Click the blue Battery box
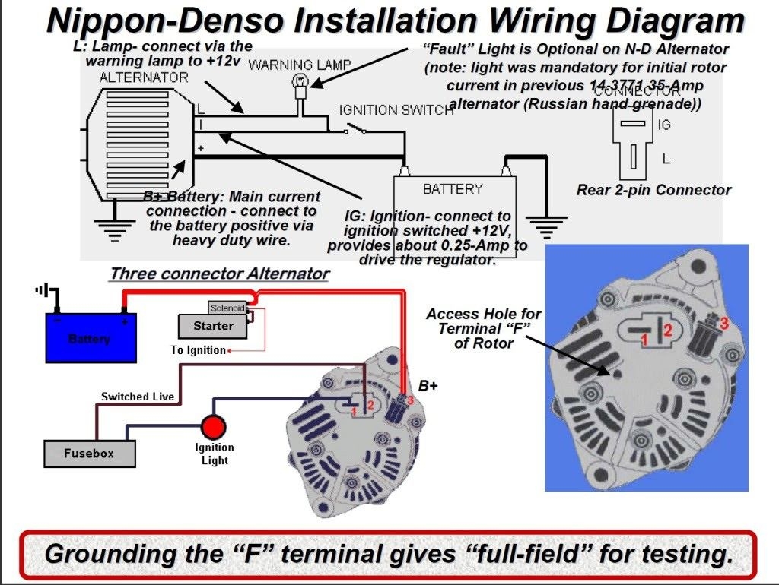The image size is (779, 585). (x=91, y=337)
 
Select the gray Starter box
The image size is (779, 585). (x=213, y=326)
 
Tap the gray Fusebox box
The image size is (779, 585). (x=89, y=453)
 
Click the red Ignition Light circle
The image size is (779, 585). (x=214, y=426)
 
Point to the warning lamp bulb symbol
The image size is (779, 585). (x=300, y=81)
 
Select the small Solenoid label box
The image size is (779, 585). (x=227, y=308)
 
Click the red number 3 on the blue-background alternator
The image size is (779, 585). (x=723, y=323)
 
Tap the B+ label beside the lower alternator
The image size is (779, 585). (x=428, y=385)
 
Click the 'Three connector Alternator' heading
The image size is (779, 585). (x=219, y=274)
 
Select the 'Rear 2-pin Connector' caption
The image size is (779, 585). (x=653, y=190)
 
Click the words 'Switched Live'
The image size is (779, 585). (x=138, y=396)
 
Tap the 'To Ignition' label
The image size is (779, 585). (x=198, y=350)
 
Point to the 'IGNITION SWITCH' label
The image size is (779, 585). (x=396, y=110)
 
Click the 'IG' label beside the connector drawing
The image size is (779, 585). (x=664, y=124)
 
